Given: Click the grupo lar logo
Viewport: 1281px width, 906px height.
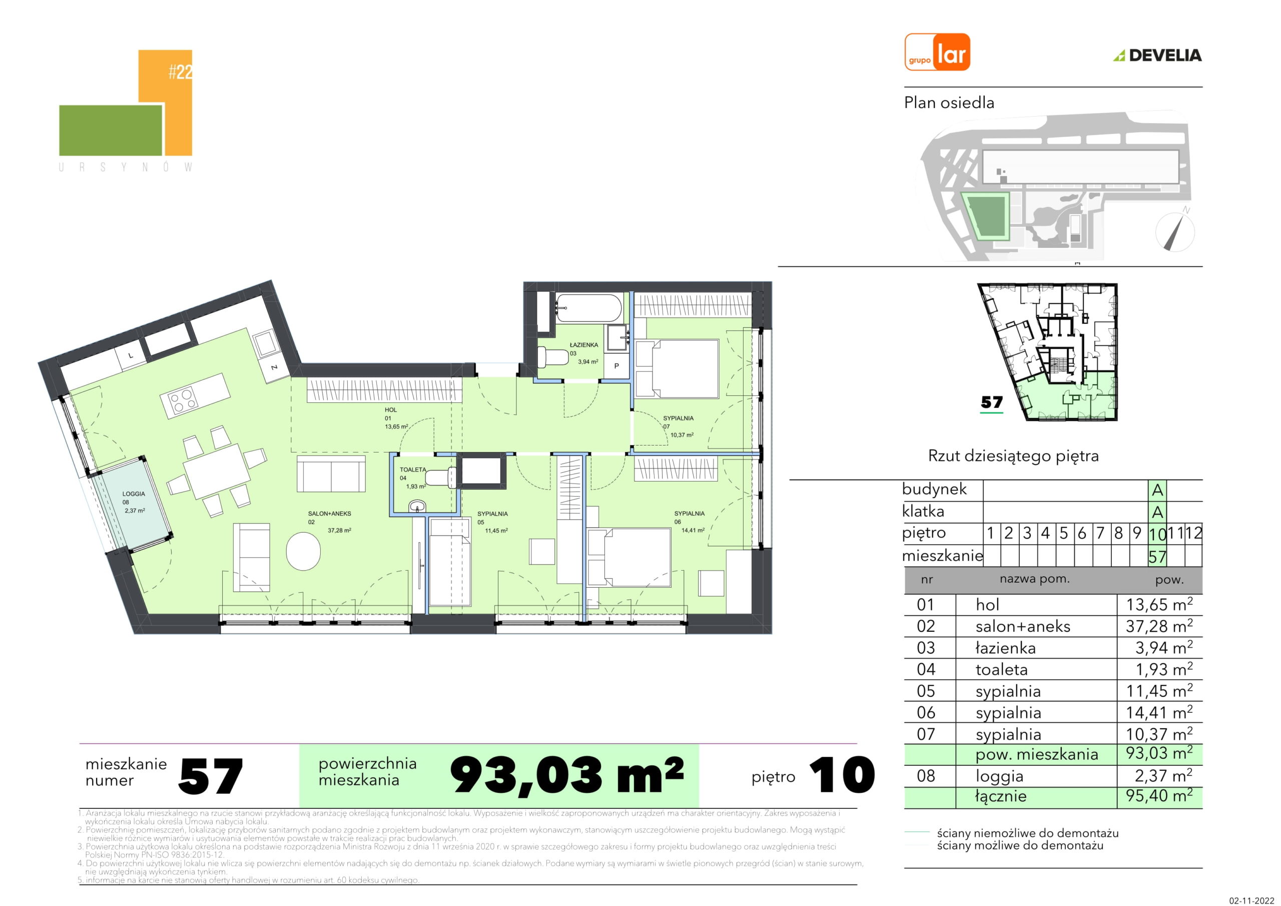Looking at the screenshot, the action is click(x=937, y=52).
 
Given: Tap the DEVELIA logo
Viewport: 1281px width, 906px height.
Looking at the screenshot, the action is click(x=1158, y=55).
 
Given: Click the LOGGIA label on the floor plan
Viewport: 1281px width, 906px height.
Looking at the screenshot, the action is click(x=134, y=494).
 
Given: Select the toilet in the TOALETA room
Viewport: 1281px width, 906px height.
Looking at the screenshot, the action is click(x=441, y=478).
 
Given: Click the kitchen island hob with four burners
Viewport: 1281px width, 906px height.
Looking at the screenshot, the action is click(x=183, y=401).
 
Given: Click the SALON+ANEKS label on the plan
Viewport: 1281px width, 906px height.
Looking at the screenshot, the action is click(x=330, y=514).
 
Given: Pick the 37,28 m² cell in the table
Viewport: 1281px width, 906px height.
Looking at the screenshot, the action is click(x=1159, y=626).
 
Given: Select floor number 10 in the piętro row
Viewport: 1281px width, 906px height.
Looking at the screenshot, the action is click(x=1157, y=534).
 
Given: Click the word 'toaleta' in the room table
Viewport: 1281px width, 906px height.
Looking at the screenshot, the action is click(x=1001, y=669).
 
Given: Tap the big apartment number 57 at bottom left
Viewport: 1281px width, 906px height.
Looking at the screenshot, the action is click(x=211, y=776).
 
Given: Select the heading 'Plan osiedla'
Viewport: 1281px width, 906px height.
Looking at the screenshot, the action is click(x=949, y=103).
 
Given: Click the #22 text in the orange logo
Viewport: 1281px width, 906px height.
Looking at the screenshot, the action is click(x=180, y=72).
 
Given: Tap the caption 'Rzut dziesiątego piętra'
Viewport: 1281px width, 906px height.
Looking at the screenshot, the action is click(x=1013, y=456).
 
